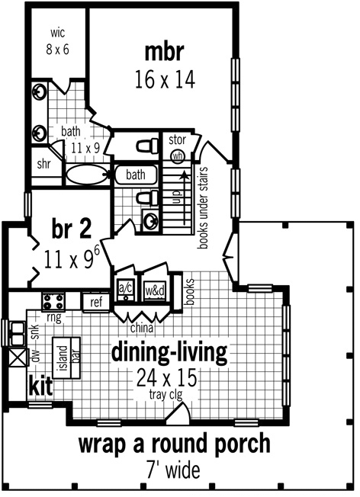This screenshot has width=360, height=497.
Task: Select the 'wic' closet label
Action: pyautogui.click(x=59, y=34)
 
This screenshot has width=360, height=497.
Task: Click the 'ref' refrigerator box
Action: pyautogui.click(x=96, y=302)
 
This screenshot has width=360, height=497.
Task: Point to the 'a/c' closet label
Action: pyautogui.click(x=125, y=288)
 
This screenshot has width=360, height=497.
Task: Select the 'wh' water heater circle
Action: pyautogui.click(x=178, y=156)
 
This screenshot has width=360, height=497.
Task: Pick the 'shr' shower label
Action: pyautogui.click(x=44, y=163)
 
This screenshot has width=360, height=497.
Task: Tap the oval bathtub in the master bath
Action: pyautogui.click(x=82, y=175)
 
